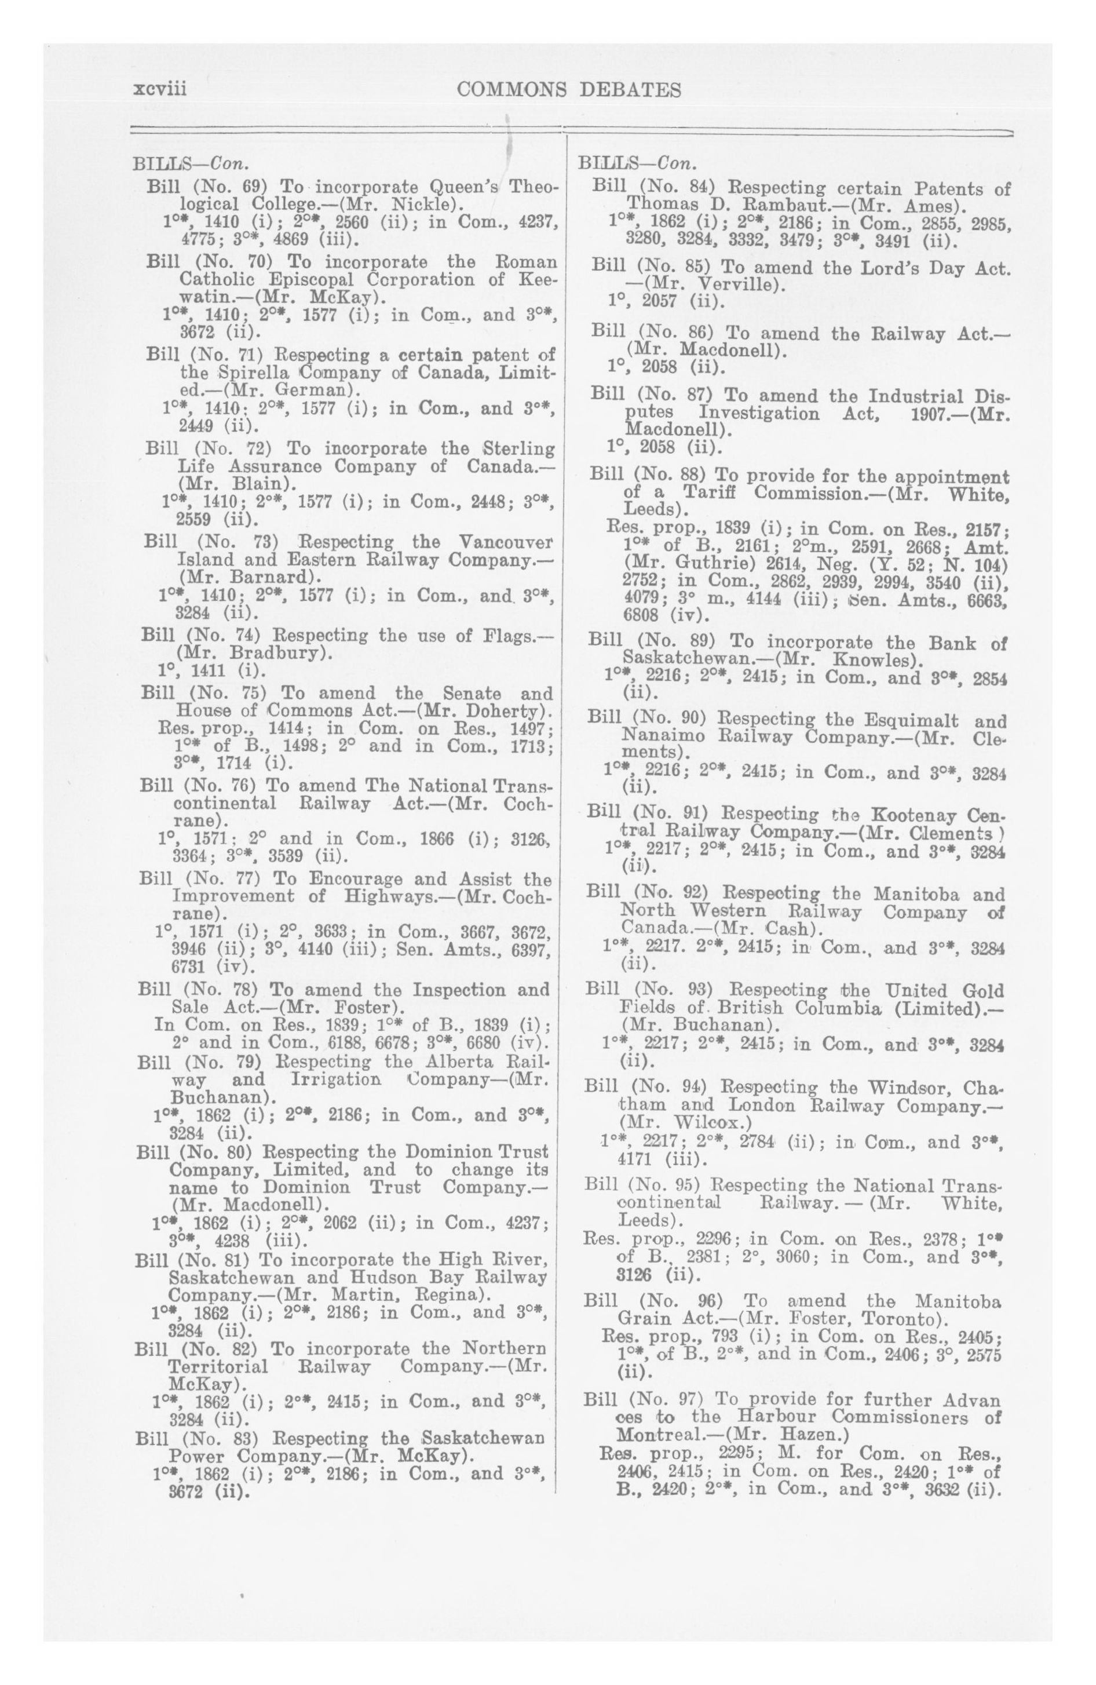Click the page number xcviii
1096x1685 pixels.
[159, 90]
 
